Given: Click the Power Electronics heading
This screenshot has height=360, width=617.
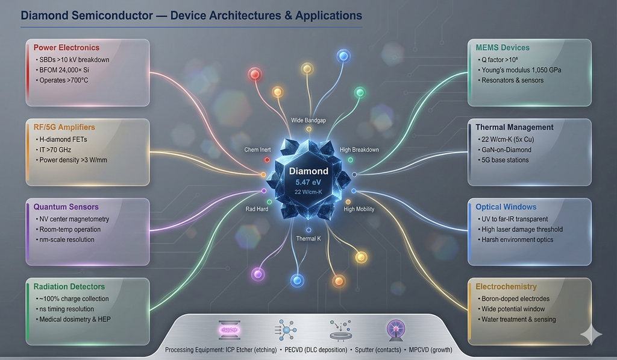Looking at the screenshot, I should (x=66, y=48).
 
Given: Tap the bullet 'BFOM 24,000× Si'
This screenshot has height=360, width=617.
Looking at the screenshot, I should (x=68, y=70).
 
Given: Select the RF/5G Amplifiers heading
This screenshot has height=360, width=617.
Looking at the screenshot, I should (x=64, y=127).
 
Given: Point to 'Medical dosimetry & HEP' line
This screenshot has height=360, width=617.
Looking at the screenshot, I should (x=75, y=319).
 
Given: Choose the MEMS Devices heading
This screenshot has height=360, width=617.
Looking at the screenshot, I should (x=503, y=48).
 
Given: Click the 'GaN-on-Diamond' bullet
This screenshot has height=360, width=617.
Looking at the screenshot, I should (x=506, y=150).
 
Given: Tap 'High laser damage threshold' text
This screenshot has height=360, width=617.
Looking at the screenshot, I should (x=522, y=229).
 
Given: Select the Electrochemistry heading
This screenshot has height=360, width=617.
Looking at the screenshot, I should (x=506, y=286).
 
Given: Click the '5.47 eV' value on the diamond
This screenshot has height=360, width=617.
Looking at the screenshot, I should (x=308, y=182).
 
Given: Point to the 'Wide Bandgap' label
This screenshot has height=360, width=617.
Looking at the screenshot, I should (x=308, y=121).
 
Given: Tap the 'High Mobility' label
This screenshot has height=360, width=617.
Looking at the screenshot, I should (x=359, y=209).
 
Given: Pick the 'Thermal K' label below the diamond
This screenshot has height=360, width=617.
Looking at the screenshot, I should (x=308, y=239).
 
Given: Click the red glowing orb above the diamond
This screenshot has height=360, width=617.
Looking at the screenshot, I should (x=254, y=74).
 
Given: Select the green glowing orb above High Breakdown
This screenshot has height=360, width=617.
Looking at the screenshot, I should (x=360, y=92).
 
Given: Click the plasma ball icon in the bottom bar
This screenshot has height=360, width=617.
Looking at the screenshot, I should (x=395, y=330).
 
